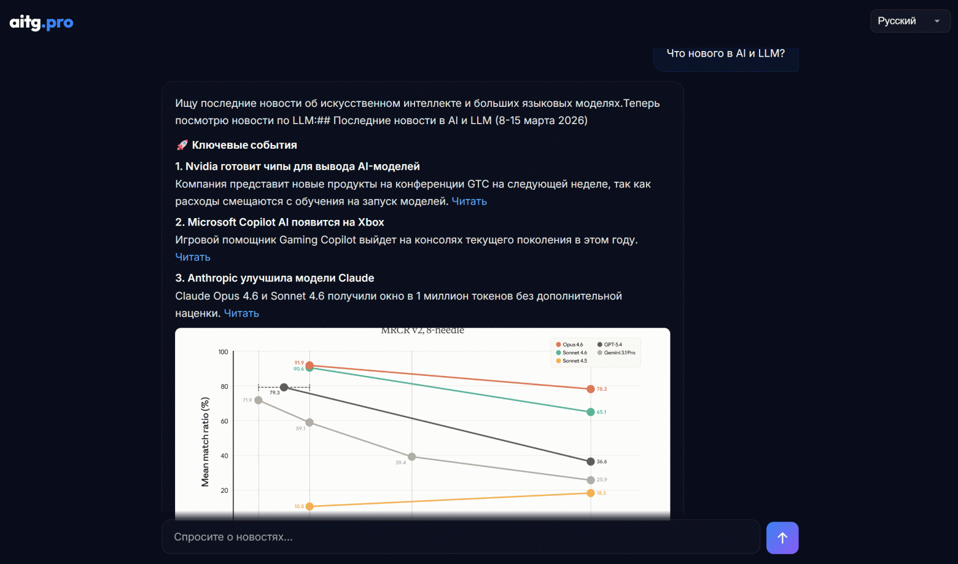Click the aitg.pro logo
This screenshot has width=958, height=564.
click(x=41, y=23)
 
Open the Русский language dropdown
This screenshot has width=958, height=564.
click(x=909, y=21)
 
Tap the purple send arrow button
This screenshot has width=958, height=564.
click(x=782, y=538)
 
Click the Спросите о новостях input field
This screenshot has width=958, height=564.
click(x=461, y=537)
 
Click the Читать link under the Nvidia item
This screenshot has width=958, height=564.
click(x=469, y=202)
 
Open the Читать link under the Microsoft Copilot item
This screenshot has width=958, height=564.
click(x=193, y=257)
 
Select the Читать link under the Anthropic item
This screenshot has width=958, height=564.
click(x=241, y=313)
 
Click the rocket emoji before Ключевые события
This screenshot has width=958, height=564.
click(x=182, y=145)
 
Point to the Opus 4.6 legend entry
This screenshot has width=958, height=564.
click(x=572, y=345)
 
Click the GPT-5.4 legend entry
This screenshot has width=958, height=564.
click(x=612, y=345)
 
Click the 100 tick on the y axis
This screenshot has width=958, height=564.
click(x=223, y=352)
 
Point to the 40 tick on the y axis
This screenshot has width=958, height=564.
click(x=224, y=456)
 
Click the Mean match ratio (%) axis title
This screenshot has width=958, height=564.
click(x=205, y=442)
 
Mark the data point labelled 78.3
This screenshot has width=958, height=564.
click(x=591, y=389)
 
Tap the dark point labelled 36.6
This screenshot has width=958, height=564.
click(x=591, y=461)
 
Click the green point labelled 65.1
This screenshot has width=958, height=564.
click(x=591, y=412)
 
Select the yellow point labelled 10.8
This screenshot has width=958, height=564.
click(x=310, y=506)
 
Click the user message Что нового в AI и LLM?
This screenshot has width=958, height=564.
click(x=725, y=54)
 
